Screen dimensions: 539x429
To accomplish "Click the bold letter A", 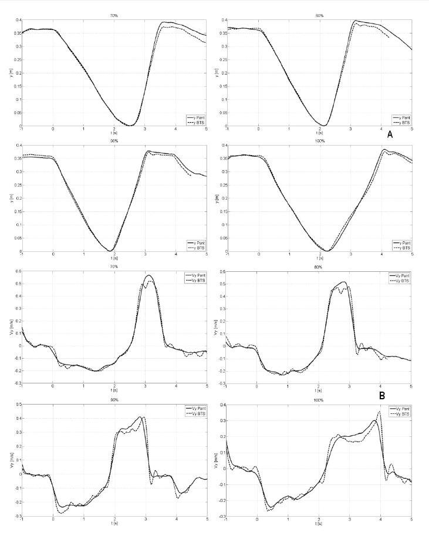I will click(389, 134).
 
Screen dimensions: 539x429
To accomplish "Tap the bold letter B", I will click(381, 396).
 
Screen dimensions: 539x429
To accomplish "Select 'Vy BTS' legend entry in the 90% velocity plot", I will click(194, 415).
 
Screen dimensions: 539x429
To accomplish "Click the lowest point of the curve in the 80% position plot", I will click(323, 126).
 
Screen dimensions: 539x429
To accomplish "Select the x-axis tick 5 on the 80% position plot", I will click(411, 129).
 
